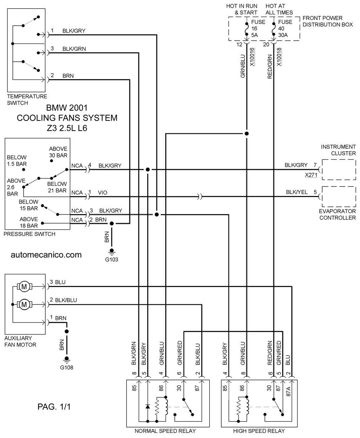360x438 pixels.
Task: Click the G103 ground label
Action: [112, 259]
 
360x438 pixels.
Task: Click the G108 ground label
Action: [66, 367]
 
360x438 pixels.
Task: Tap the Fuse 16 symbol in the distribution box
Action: [247, 29]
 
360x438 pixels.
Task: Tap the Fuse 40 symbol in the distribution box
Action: [274, 29]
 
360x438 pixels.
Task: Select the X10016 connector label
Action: [252, 57]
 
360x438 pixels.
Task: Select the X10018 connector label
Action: [279, 57]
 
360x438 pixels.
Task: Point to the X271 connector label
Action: [311, 175]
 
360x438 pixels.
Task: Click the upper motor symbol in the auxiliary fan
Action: [24, 287]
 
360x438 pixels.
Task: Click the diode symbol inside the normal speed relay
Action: [147, 406]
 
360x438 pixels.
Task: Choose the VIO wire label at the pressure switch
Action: [102, 193]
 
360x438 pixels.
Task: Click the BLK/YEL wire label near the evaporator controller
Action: [296, 192]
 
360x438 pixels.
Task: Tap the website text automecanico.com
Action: [46, 255]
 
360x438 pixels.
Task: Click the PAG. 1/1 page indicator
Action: [54, 406]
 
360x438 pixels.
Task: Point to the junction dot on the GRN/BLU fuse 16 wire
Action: [247, 134]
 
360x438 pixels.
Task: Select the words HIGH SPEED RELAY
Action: [259, 431]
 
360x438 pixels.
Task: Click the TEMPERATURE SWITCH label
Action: [27, 100]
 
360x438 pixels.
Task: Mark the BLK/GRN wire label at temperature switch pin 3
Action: [74, 49]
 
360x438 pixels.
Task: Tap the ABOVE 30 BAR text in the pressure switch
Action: [58, 152]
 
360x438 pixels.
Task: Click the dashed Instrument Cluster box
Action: [339, 160]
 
